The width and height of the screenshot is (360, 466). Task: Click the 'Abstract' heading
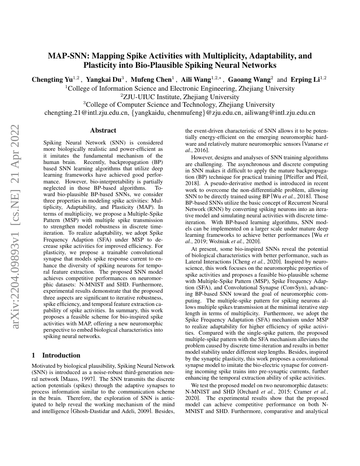(x=103, y=130)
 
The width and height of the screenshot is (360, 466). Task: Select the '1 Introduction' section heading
(x=56, y=355)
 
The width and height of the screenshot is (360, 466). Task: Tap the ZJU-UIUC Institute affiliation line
(x=180, y=97)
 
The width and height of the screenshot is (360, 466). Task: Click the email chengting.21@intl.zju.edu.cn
(x=86, y=113)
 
